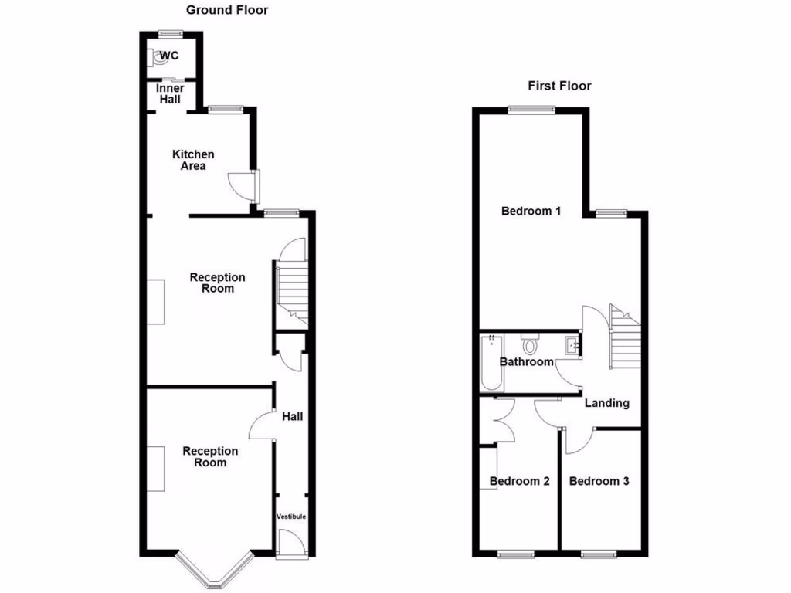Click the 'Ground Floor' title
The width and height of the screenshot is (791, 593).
point(227,10)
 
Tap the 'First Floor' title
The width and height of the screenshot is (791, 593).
point(559,86)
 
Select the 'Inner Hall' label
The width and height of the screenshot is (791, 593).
point(170,93)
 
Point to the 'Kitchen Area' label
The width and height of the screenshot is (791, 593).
point(193,160)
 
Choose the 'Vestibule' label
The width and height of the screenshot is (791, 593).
point(292,517)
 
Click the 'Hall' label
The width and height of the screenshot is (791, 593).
point(293,417)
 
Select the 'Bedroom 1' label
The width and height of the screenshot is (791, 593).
point(531,211)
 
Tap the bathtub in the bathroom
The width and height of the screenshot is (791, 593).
point(491,363)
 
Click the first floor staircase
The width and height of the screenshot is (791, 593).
point(626,340)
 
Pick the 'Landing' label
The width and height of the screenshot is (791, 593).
point(606,403)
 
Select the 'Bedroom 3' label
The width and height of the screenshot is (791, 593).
point(599,481)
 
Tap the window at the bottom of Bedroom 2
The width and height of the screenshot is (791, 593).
point(515,554)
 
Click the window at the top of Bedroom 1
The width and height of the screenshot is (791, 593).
point(531,110)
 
